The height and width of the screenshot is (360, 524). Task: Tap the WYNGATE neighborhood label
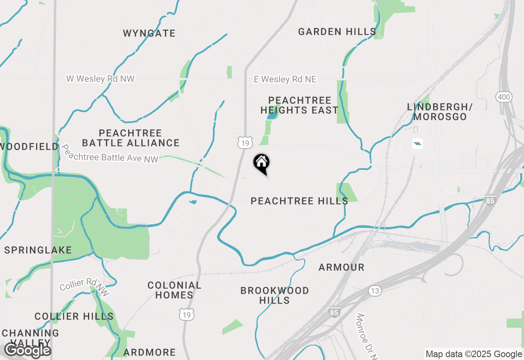click(149, 33)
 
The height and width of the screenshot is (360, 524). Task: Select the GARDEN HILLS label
click(337, 32)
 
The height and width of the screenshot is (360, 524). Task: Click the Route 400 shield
click(503, 97)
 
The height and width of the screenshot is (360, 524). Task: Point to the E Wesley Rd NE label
click(285, 79)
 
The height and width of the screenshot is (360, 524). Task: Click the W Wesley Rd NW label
click(100, 79)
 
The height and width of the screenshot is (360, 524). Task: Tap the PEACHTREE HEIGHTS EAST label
click(299, 105)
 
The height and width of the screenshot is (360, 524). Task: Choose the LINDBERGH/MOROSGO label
click(440, 112)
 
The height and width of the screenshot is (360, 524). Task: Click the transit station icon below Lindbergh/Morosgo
click(417, 143)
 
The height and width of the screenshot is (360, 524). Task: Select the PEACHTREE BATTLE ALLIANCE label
click(131, 138)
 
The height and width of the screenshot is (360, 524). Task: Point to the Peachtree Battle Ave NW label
click(109, 154)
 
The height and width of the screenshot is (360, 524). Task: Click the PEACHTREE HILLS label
click(299, 201)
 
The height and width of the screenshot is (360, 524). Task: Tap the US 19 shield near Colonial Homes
click(187, 315)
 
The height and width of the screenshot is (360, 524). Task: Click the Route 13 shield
click(375, 291)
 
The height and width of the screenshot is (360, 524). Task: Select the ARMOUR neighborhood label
click(341, 267)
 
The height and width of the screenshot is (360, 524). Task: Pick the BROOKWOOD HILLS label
click(275, 295)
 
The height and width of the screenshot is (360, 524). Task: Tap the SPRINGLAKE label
click(38, 250)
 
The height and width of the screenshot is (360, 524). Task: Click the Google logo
click(27, 351)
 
